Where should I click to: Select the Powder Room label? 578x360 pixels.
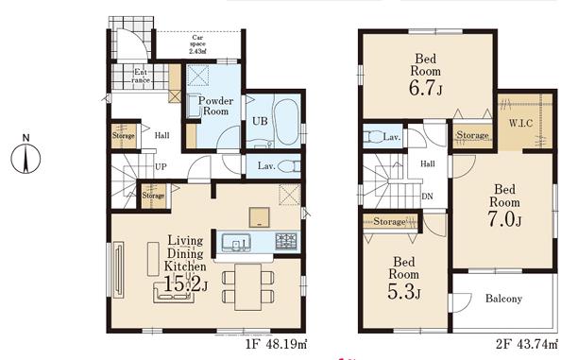215,106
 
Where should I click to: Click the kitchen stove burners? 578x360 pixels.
286,242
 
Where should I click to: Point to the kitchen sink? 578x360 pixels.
236,243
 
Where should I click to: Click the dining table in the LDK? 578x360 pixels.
247,286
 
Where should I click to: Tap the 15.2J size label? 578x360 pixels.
185,284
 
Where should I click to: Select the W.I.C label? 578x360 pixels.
520,123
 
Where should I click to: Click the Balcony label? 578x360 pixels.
503,298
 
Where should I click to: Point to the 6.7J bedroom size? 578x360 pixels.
425,88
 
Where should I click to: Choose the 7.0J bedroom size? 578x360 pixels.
504,219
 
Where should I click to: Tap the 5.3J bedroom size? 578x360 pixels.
404,291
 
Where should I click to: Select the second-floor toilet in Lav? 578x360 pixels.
373,137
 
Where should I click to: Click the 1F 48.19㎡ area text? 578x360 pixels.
277,345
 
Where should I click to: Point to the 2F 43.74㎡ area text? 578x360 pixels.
526,345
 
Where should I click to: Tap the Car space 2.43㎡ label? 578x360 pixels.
197,44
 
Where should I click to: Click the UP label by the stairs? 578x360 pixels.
161,166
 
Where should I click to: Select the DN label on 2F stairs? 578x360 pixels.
427,197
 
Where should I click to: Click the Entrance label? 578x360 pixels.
141,76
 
